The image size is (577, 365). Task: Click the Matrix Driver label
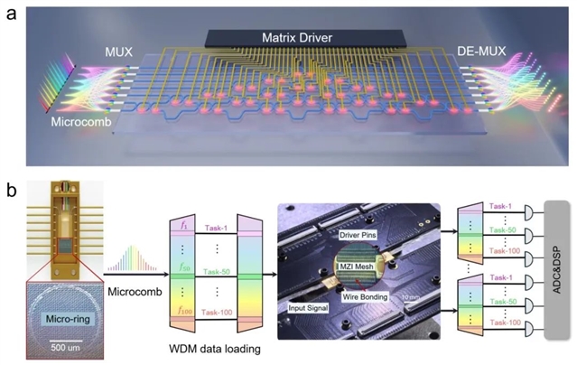[289, 38]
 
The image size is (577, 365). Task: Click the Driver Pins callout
[361, 239]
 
